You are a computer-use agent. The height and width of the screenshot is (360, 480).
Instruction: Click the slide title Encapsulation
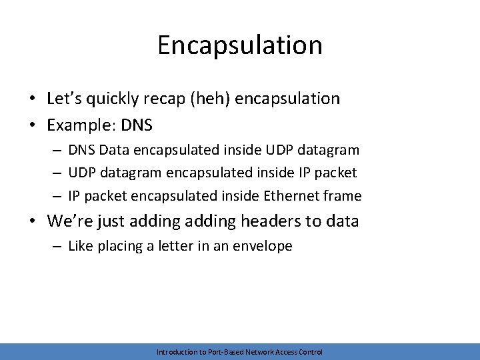(x=240, y=45)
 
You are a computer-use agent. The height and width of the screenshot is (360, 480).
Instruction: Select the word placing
(x=123, y=247)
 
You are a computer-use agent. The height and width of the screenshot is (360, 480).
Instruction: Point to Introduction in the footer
(x=175, y=352)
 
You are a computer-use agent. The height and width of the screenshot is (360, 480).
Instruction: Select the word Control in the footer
(x=311, y=352)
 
